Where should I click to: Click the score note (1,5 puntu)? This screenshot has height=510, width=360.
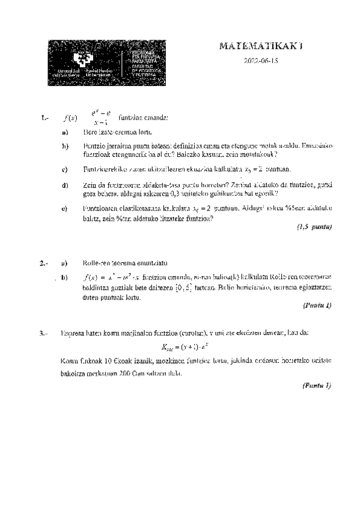314,227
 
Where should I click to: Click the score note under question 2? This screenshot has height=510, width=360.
317,306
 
